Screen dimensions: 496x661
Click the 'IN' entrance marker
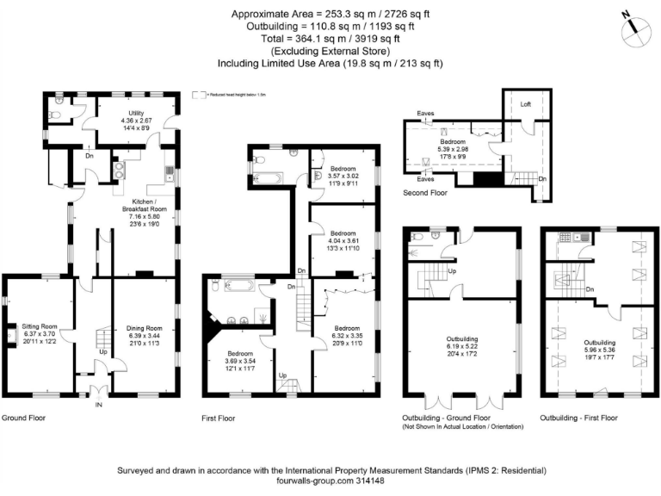coord(97,403)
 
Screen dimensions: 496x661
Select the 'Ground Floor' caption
coord(24,418)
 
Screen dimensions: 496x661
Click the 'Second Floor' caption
coord(425,194)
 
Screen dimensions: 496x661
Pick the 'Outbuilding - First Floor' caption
coord(578,418)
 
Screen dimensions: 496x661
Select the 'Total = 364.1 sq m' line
coord(330,38)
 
